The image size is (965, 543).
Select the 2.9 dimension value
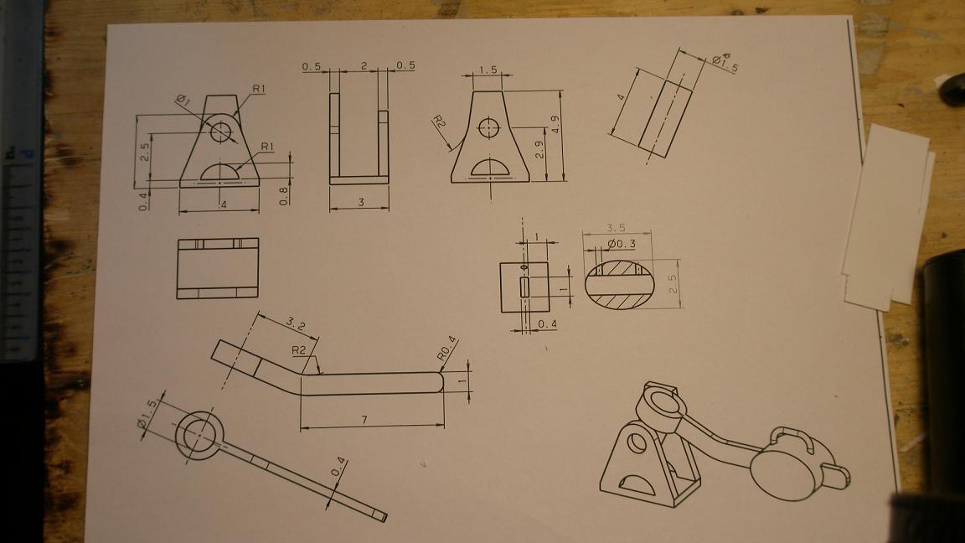click(539, 150)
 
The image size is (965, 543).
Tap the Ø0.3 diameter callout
click(621, 245)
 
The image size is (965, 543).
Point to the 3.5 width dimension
click(616, 228)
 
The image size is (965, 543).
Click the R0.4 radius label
click(447, 348)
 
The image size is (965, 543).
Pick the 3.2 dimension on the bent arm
click(296, 323)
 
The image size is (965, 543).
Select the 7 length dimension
click(364, 419)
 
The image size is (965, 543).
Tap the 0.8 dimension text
click(283, 196)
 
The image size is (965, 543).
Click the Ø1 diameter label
click(182, 100)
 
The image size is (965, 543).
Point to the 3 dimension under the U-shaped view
click(361, 202)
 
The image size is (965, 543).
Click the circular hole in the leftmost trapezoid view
click(220, 131)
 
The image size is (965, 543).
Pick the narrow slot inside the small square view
click(524, 287)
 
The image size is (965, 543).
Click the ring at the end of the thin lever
click(199, 435)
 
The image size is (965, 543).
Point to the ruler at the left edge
click(20, 184)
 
